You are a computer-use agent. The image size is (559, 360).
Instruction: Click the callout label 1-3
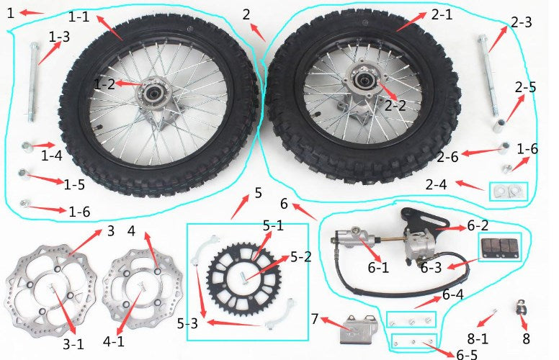tap(59, 37)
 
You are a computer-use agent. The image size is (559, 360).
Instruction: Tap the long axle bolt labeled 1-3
tap(34, 82)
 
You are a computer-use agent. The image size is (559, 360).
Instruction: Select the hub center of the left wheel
tap(154, 94)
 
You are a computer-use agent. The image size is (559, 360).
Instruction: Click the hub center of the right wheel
tap(364, 80)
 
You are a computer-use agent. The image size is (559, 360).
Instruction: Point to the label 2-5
tap(525, 87)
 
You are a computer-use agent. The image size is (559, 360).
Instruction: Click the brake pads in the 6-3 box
tap(499, 246)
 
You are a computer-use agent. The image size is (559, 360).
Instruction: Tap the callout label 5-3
tap(187, 324)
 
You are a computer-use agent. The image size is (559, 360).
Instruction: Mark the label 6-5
tap(466, 354)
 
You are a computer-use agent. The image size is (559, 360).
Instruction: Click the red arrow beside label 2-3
tap(498, 39)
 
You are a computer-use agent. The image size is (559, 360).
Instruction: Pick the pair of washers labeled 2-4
tap(508, 192)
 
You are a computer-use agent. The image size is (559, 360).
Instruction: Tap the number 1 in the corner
tap(11, 13)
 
